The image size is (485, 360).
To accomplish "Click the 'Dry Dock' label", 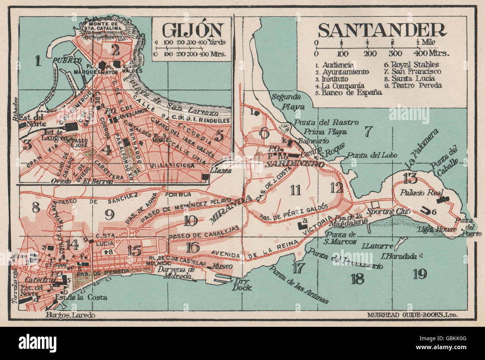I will pos(243,285).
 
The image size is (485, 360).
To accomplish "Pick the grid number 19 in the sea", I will pos(420,274).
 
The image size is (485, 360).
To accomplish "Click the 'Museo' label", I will pos(223,266).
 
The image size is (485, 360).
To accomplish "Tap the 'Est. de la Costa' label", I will pos(81,297).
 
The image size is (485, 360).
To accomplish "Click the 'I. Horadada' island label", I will pos(399,256).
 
